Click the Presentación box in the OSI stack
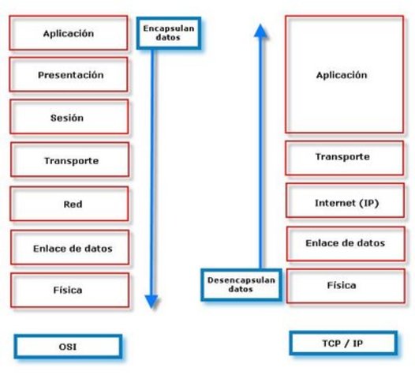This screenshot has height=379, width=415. click(x=70, y=75)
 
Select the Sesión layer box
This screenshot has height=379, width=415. click(x=70, y=118)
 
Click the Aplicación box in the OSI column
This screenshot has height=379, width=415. click(x=69, y=33)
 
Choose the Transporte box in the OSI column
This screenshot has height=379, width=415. click(x=70, y=160)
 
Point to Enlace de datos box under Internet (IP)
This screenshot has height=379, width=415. click(x=344, y=243)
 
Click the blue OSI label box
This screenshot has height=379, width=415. click(x=69, y=347)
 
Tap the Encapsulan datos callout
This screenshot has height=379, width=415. click(x=167, y=32)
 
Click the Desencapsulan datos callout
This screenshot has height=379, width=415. click(x=241, y=284)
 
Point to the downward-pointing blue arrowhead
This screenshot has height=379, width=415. click(x=152, y=301)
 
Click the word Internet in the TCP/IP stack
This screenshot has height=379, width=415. click(x=331, y=203)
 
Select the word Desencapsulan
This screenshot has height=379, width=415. click(x=241, y=280)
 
